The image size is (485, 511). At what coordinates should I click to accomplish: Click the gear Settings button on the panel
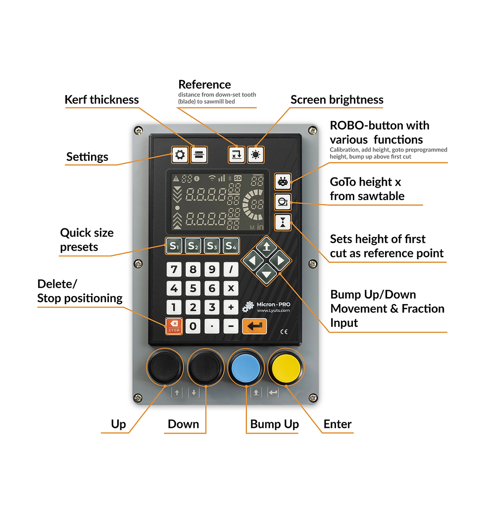click(x=180, y=154)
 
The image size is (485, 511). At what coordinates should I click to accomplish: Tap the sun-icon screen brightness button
click(x=255, y=154)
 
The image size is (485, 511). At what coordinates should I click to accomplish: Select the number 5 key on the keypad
click(x=193, y=288)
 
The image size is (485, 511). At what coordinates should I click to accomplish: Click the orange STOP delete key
click(x=174, y=325)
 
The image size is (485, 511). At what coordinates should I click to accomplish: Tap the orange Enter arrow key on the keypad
click(x=254, y=326)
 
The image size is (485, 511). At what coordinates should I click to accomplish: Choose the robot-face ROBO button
click(x=283, y=182)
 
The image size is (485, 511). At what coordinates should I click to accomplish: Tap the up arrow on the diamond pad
click(x=266, y=246)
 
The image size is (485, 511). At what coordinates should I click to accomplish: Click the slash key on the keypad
click(x=231, y=270)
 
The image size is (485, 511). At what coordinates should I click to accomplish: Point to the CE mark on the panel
click(x=284, y=332)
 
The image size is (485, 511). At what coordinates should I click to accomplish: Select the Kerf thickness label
click(x=102, y=100)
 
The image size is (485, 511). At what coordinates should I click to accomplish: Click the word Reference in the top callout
click(x=204, y=84)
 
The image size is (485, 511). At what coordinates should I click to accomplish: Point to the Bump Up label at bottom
click(x=274, y=424)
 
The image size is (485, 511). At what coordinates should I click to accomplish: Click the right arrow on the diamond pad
click(x=280, y=259)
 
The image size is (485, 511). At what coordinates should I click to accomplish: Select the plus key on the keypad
click(x=231, y=307)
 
